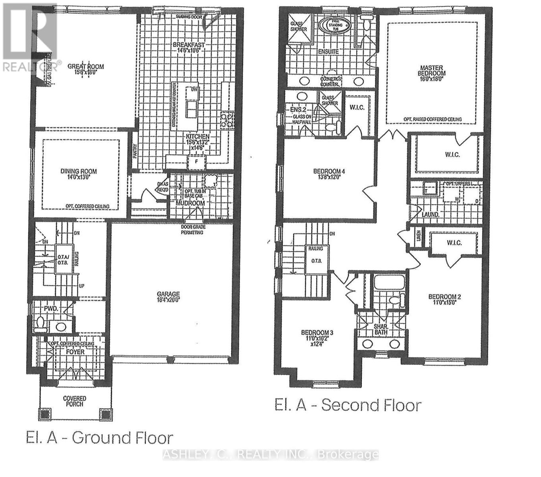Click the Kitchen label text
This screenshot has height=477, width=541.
pos(198,136)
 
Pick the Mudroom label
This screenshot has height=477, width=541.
pos(191,203)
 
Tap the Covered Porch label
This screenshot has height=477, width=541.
pos(75,401)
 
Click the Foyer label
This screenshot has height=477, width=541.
pos(75,352)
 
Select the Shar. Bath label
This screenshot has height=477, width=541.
pos(381,329)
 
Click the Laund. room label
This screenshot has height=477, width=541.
pos(430,214)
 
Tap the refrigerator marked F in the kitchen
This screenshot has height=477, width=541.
pos(197,162)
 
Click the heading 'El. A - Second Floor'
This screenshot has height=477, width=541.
pos(348,405)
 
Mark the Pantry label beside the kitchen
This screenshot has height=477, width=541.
pos(135,151)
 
